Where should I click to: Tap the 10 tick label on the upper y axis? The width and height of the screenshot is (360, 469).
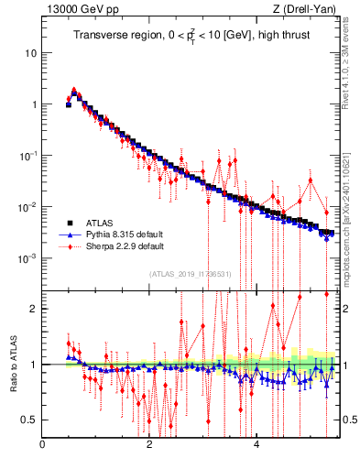[x=31, y=53]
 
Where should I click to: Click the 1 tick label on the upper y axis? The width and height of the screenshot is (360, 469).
[x=34, y=104]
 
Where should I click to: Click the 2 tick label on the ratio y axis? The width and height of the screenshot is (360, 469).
[x=34, y=309]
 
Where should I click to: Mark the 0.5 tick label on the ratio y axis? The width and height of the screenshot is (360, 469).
[x=30, y=420]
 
